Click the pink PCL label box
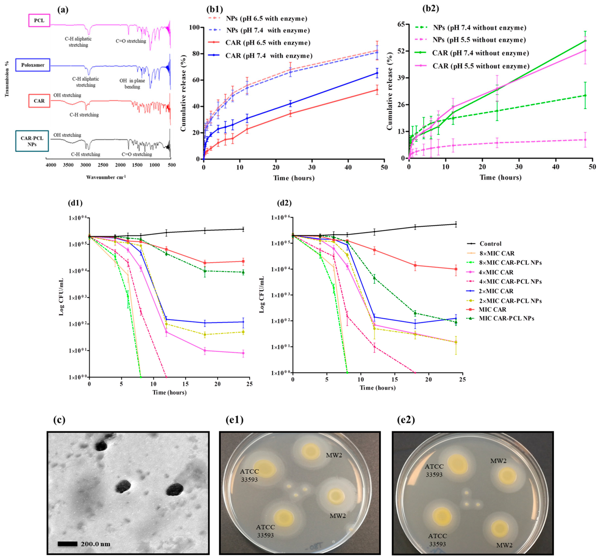[39, 20]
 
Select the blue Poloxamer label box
[33, 65]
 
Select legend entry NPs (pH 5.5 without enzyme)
[479, 40]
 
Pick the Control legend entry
[490, 244]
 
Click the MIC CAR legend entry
[492, 309]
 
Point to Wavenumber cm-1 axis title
[106, 177]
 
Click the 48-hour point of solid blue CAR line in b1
[377, 73]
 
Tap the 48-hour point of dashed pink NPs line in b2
[585, 140]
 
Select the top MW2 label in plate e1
[334, 455]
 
